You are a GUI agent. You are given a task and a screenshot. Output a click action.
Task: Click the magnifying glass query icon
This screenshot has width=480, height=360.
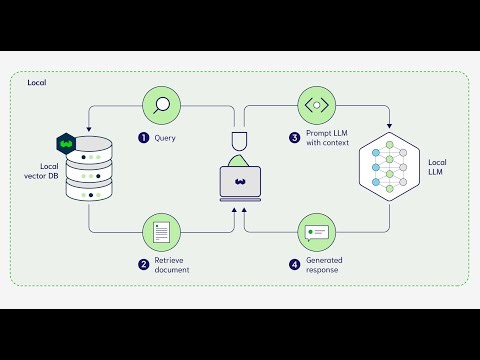(x=161, y=103)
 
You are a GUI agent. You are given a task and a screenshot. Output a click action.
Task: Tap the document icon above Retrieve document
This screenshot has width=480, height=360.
(x=161, y=232)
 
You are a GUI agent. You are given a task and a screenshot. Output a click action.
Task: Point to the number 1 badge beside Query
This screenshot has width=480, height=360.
(x=143, y=137)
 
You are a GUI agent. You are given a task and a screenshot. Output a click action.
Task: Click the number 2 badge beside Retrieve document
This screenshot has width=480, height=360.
(x=143, y=265)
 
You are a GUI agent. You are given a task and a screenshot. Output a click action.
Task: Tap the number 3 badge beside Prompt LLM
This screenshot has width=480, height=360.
(x=295, y=137)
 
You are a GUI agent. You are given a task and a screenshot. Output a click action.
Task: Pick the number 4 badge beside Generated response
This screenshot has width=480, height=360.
(x=295, y=265)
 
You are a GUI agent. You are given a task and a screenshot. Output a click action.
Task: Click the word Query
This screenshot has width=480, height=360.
(x=165, y=137)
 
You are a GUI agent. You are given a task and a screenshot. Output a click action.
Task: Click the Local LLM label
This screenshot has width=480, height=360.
(x=437, y=168)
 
